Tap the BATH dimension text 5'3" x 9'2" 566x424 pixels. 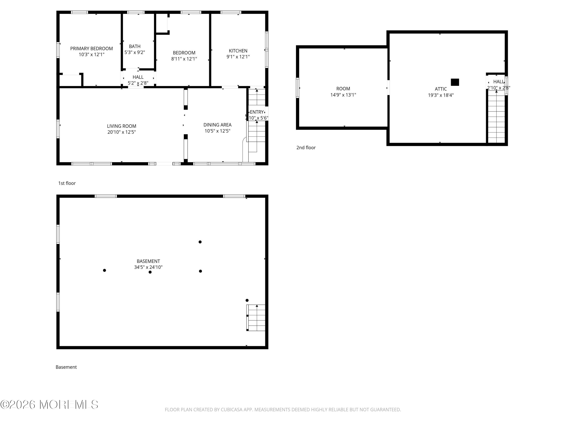pos(135,52)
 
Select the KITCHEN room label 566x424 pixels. pos(238,51)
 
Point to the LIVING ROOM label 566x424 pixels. pos(121,126)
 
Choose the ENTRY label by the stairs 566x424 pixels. pos(257,112)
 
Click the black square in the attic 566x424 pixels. pos(455,82)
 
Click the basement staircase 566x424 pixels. pos(256,318)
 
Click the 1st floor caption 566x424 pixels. pos(67,183)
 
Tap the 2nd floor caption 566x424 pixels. pos(306,148)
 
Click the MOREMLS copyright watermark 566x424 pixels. pos(49,405)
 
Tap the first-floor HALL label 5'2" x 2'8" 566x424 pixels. pos(138,80)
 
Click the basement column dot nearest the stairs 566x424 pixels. pos(247,300)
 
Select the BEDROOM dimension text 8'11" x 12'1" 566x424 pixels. pos(184,59)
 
